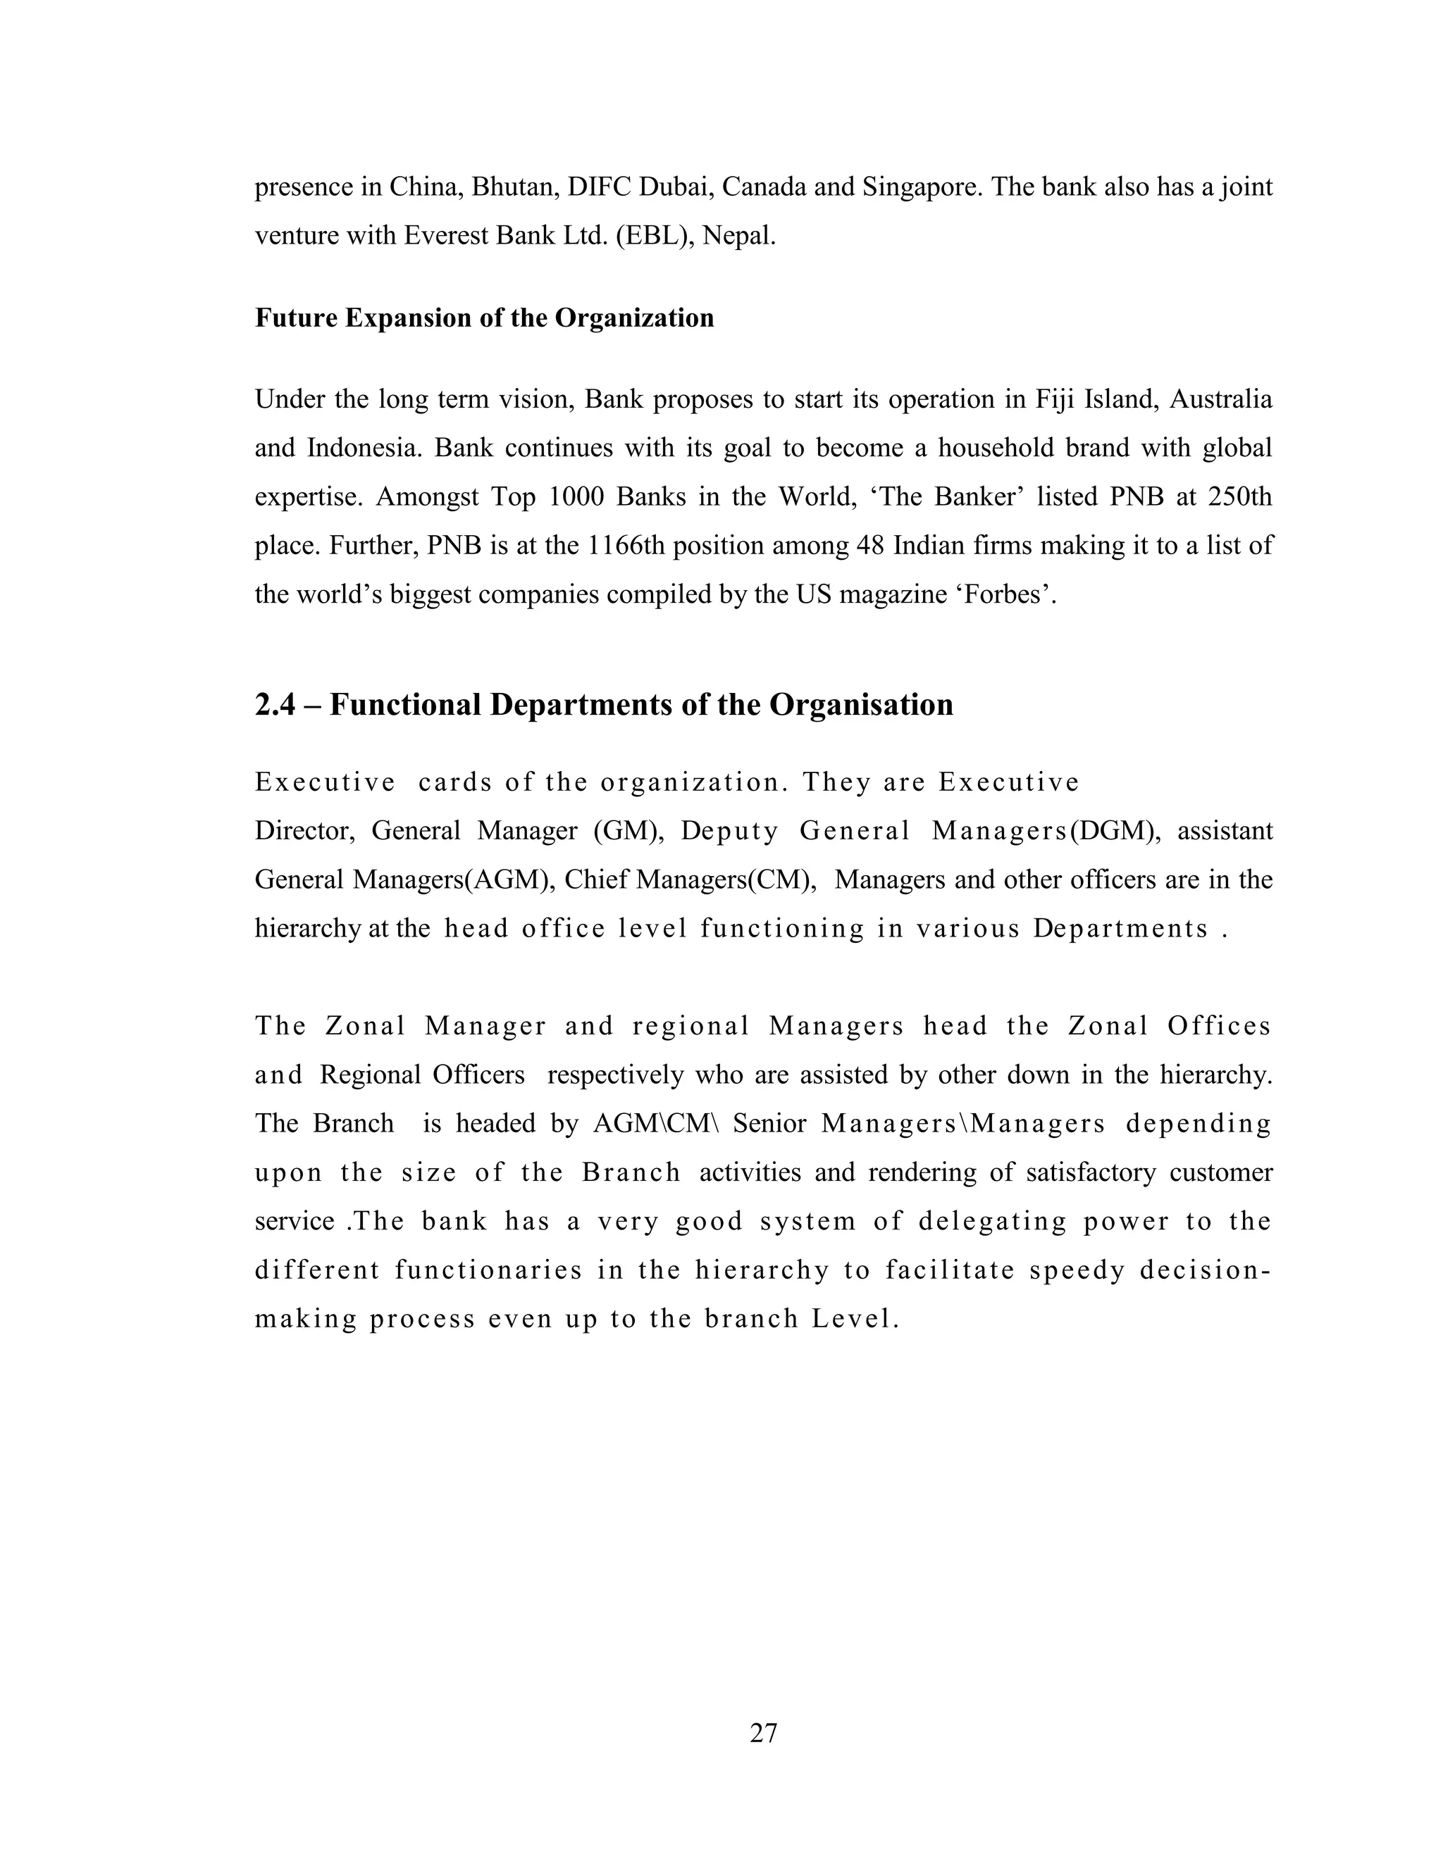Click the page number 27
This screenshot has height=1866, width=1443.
click(762, 1733)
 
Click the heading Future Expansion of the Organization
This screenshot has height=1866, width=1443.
click(484, 318)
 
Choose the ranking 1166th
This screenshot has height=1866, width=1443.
click(626, 545)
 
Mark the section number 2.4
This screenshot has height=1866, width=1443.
click(274, 705)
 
